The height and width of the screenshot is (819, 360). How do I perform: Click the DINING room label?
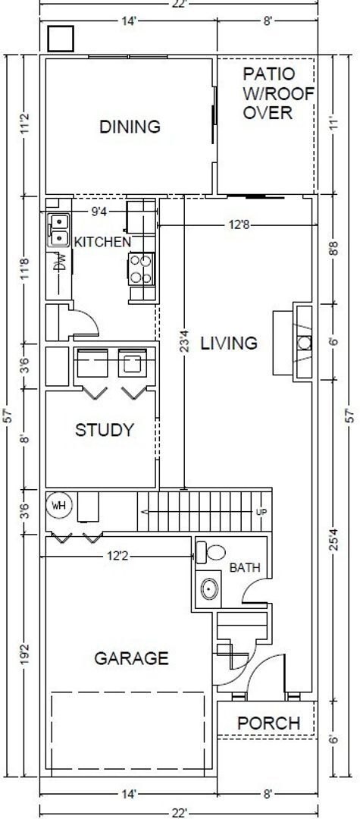click(x=130, y=127)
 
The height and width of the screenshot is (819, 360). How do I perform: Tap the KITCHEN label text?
click(x=102, y=242)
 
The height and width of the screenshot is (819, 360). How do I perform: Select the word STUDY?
click(x=104, y=430)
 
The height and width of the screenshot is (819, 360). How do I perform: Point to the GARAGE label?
click(x=131, y=658)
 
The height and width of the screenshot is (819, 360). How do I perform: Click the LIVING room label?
click(x=228, y=343)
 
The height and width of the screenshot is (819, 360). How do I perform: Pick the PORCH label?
click(x=268, y=723)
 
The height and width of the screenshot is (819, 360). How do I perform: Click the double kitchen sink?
click(x=58, y=229)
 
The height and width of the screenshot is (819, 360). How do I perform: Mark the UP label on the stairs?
click(x=261, y=511)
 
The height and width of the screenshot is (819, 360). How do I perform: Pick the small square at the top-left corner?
click(x=60, y=38)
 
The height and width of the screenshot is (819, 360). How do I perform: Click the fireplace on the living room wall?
click(x=302, y=342)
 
